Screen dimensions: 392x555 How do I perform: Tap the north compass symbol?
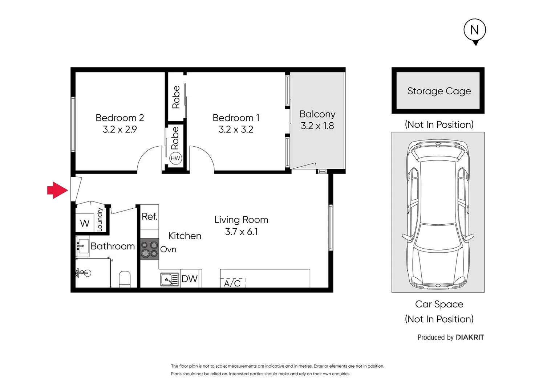click(x=475, y=30)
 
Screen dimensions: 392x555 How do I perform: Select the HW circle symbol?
click(x=175, y=158)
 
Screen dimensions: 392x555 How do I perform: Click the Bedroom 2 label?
click(x=119, y=118)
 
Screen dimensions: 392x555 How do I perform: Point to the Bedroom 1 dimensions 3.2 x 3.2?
click(x=236, y=130)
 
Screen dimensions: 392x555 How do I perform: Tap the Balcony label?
click(x=317, y=114)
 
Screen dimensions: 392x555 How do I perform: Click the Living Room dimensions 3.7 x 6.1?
click(x=241, y=232)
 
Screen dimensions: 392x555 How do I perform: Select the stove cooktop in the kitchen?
click(x=150, y=249)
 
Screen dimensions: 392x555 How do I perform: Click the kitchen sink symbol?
click(x=169, y=279)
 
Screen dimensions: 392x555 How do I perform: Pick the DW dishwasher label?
click(x=189, y=279)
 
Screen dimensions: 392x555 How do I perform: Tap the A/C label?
click(x=232, y=283)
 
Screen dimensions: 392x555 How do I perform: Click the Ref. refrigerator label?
click(x=149, y=217)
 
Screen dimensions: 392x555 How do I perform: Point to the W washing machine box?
click(x=85, y=223)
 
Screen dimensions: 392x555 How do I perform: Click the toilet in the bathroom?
click(x=125, y=279)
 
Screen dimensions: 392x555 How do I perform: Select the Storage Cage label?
click(x=439, y=91)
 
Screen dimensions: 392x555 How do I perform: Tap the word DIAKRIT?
click(x=470, y=338)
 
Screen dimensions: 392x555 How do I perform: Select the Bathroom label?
click(x=113, y=246)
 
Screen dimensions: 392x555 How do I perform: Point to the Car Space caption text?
click(x=439, y=304)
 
